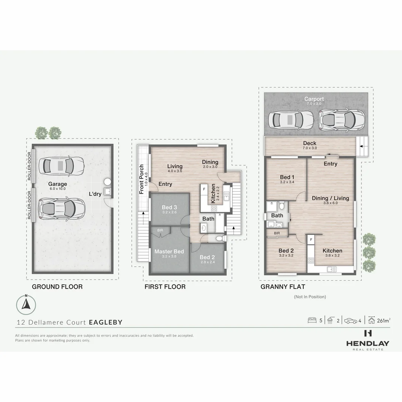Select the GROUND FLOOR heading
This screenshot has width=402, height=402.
(57, 287)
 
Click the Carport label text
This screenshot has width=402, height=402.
(314, 99)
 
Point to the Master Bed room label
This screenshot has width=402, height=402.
(169, 252)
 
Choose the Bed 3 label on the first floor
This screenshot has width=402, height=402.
(169, 207)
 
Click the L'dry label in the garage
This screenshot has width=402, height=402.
(95, 194)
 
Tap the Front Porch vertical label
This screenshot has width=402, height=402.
(141, 179)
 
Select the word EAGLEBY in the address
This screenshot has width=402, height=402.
(105, 322)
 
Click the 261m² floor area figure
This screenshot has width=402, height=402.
(383, 320)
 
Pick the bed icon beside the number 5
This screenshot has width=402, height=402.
(312, 320)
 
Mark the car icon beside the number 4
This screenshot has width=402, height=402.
(350, 320)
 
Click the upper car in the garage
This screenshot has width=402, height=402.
(62, 165)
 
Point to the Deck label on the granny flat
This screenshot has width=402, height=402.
(309, 143)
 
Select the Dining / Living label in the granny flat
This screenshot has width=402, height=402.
(330, 198)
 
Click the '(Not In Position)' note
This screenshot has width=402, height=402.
(310, 297)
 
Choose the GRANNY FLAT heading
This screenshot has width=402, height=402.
(283, 287)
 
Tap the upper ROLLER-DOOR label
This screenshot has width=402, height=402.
(29, 167)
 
